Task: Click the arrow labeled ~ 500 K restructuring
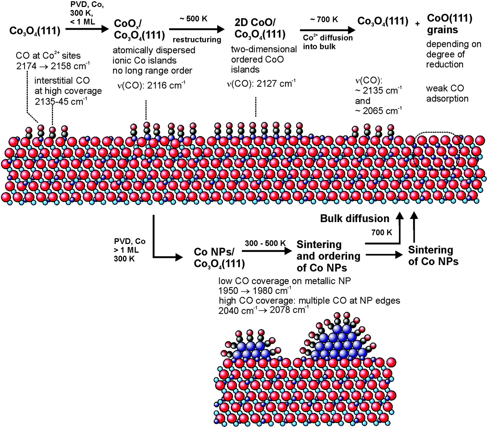pyautogui.click(x=197, y=30)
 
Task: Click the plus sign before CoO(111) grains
pyautogui.click(x=417, y=24)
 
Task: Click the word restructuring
pyautogui.click(x=197, y=40)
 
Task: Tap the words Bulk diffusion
pyautogui.click(x=355, y=218)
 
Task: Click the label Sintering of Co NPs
pyautogui.click(x=433, y=255)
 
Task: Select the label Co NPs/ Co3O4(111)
pyautogui.click(x=219, y=258)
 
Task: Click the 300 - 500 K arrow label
pyautogui.click(x=265, y=243)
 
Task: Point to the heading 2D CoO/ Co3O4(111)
pyautogui.click(x=260, y=28)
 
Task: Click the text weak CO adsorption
pyautogui.click(x=447, y=93)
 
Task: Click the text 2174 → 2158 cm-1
pyautogui.click(x=53, y=66)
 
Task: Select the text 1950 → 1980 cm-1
pyautogui.click(x=255, y=291)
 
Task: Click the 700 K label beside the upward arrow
pyautogui.click(x=381, y=232)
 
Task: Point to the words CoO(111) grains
pyautogui.click(x=450, y=24)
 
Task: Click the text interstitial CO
pyautogui.click(x=62, y=81)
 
